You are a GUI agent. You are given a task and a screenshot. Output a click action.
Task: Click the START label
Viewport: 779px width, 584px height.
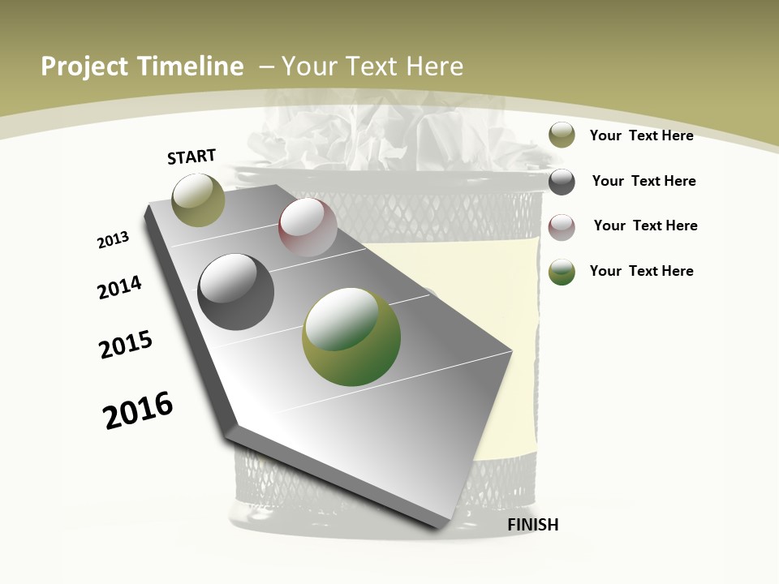click(192, 157)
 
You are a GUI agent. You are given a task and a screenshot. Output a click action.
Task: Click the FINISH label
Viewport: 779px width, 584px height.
click(532, 525)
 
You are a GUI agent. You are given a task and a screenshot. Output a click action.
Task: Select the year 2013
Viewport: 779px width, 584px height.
click(113, 240)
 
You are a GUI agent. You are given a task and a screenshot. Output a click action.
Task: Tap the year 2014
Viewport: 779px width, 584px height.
click(119, 288)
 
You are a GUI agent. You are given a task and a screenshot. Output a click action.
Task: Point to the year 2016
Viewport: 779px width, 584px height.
click(138, 410)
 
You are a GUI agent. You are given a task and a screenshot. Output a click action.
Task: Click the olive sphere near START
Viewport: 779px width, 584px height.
click(199, 200)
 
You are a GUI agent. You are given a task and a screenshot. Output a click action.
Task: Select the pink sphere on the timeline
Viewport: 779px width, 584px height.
click(308, 228)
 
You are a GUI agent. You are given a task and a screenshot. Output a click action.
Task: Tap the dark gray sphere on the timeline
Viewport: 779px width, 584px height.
click(236, 292)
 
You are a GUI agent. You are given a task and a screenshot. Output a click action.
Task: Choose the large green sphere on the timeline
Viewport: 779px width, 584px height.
click(351, 337)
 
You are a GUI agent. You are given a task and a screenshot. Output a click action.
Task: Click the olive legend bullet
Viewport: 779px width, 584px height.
click(562, 135)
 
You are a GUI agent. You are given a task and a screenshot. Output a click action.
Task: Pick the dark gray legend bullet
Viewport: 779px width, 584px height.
click(562, 182)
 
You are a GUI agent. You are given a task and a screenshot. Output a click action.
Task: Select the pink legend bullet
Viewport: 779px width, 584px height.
click(562, 227)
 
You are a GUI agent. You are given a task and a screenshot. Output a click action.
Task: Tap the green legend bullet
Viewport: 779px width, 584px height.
click(562, 272)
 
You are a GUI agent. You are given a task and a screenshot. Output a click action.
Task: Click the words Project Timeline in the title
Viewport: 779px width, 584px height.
click(142, 67)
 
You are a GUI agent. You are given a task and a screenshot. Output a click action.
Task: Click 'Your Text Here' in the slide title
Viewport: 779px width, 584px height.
click(372, 67)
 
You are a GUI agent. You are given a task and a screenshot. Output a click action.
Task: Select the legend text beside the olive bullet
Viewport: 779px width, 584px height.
click(641, 135)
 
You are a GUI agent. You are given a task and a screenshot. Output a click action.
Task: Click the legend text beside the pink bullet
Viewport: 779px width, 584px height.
click(645, 225)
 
